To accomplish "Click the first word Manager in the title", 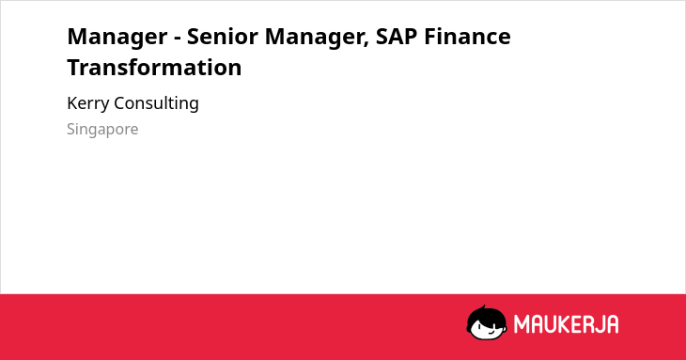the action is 117,38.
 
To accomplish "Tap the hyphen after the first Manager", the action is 178,38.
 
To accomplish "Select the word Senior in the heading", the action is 223,36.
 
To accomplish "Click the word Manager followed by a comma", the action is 317,38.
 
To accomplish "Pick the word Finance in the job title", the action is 467,36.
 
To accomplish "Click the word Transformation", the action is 154,68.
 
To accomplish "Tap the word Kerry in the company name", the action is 88,104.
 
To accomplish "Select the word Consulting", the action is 156,104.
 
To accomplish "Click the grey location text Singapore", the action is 102,130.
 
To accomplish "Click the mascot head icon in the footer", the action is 487,322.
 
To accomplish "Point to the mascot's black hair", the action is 486,316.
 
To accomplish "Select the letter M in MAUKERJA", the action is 522,324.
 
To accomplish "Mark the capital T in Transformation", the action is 75,68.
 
